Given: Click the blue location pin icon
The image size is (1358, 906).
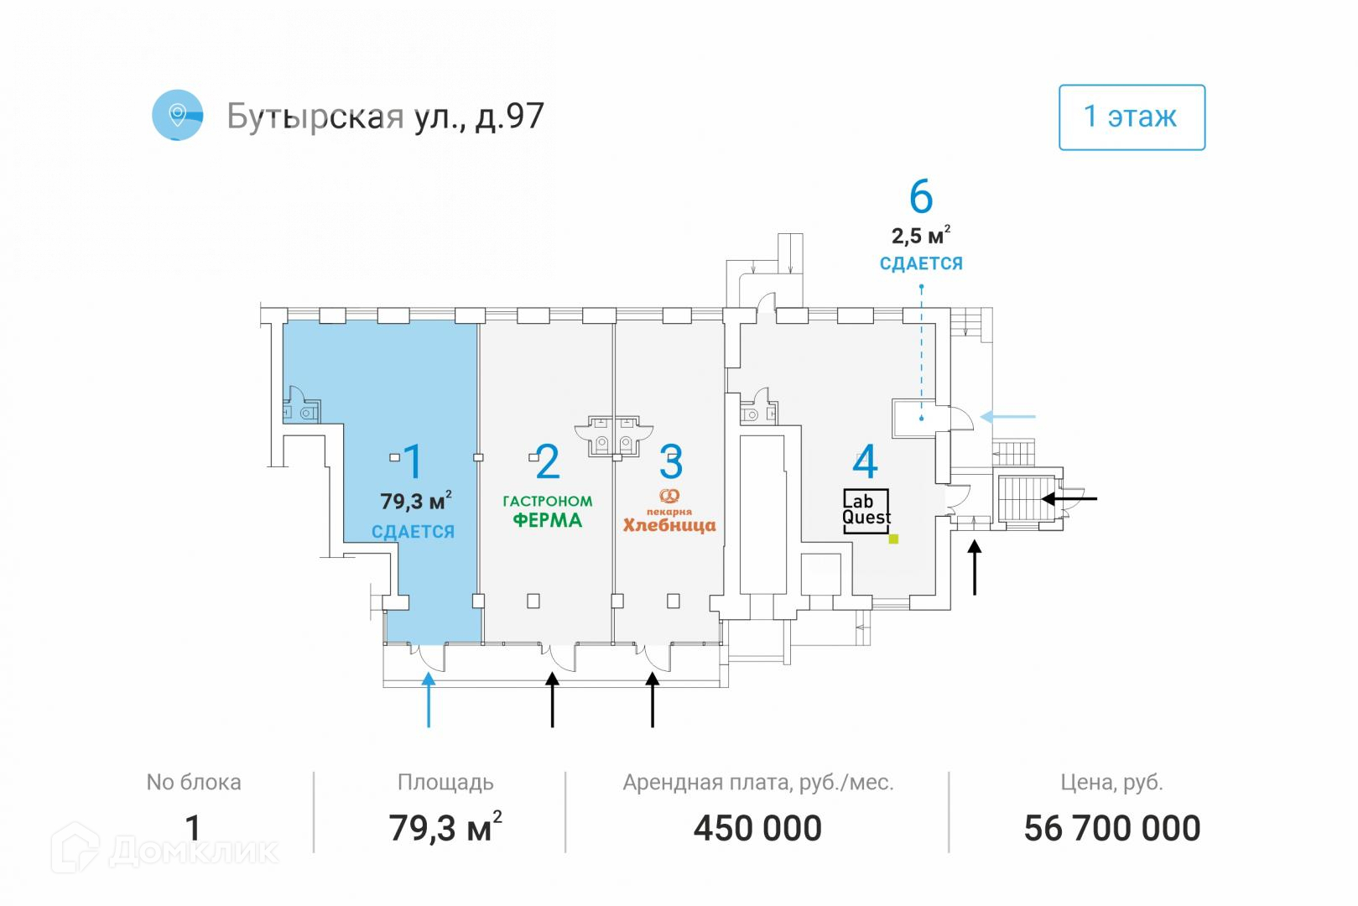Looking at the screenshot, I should [177, 115].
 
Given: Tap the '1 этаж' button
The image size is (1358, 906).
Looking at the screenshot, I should [1131, 117].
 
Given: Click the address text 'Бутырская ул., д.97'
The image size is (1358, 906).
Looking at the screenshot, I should [386, 117].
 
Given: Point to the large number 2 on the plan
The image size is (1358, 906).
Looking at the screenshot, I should [547, 461].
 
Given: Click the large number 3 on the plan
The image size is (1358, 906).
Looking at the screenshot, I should [671, 461].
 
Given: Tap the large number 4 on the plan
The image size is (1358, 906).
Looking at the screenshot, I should [865, 462].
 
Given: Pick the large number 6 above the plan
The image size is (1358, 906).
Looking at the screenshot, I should [920, 197].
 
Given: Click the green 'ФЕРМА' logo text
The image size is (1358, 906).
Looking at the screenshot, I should [547, 520].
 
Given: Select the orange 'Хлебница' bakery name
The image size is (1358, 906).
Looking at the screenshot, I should [669, 526].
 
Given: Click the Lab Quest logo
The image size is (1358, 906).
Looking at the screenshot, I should [866, 510].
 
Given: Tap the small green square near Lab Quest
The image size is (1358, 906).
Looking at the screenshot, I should [893, 539].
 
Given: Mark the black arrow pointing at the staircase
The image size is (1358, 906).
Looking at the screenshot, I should [1069, 498].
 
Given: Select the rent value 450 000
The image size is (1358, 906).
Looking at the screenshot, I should [757, 829].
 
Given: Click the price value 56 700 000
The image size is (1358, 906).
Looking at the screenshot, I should [1111, 829].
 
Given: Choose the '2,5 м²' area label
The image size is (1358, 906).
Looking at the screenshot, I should [920, 237].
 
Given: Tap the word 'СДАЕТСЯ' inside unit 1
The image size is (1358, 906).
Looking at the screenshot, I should [413, 532].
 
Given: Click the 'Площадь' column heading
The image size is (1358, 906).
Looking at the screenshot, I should [445, 783].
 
